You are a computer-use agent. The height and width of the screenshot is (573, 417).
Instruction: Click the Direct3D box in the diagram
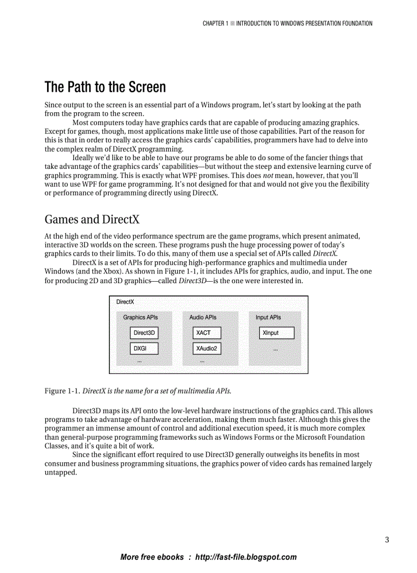144,333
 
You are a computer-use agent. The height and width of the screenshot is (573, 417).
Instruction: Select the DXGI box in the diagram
144,348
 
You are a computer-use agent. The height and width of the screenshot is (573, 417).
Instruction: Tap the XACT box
207,333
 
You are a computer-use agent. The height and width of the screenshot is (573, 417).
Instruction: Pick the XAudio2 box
207,348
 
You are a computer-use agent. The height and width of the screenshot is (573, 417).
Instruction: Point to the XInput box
276,333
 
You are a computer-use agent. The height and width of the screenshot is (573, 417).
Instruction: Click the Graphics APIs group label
141,317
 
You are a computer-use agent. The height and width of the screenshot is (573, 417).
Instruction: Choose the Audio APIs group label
203,317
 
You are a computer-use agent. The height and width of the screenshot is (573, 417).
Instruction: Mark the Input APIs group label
268,317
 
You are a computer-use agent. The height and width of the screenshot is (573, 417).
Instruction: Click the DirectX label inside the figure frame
125,302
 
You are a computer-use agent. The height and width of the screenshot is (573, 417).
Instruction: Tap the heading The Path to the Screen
105,87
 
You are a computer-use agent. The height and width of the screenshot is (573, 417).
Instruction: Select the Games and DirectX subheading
92,219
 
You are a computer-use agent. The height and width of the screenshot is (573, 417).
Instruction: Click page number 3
387,540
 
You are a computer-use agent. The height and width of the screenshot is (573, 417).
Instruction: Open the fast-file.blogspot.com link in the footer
246,557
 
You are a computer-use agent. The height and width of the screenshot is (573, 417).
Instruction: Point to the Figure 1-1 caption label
62,391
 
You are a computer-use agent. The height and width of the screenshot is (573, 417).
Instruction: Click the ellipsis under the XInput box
275,350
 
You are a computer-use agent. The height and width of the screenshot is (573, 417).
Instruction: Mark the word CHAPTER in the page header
213,23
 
